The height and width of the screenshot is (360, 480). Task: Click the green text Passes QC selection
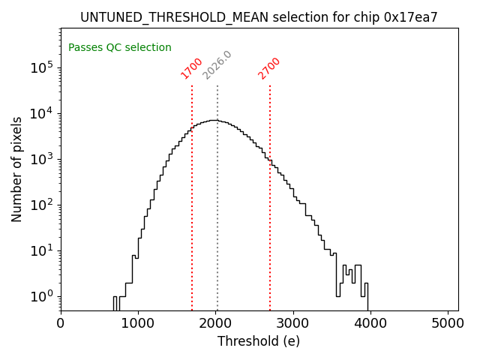[x=120, y=48]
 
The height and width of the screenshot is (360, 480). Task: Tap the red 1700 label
[x=192, y=68]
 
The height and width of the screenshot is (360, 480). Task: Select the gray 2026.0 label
[x=217, y=65]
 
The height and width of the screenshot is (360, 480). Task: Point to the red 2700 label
[x=269, y=68]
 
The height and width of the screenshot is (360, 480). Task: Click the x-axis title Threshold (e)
[x=259, y=341]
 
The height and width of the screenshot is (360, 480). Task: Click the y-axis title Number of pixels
[x=17, y=169]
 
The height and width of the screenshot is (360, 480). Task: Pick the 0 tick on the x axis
[x=61, y=323]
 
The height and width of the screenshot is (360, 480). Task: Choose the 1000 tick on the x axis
[x=138, y=323]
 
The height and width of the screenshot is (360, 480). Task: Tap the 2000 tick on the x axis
[x=216, y=323]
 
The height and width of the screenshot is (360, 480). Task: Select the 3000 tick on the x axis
[x=293, y=323]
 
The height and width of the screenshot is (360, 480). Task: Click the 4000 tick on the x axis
[x=370, y=323]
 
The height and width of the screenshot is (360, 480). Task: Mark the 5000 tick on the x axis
[x=448, y=323]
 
